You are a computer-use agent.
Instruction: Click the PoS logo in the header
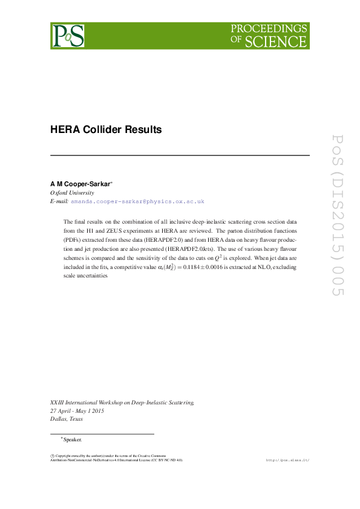point(68,36)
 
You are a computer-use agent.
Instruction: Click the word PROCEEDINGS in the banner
point(269,29)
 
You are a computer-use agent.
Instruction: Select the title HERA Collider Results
point(106,130)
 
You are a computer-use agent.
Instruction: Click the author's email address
point(137,201)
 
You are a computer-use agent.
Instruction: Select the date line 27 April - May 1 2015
point(77,410)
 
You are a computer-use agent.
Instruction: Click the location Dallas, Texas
point(67,419)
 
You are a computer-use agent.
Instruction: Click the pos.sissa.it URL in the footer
point(287,460)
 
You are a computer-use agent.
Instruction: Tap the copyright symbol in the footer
point(52,455)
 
